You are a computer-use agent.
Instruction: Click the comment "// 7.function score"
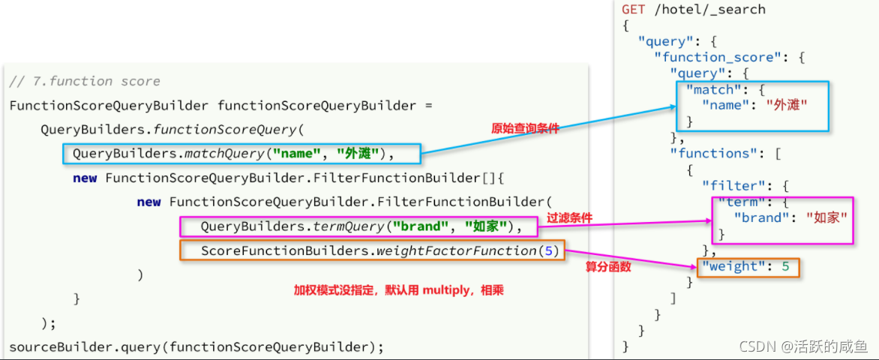85,81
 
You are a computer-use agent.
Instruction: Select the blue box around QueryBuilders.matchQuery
241,154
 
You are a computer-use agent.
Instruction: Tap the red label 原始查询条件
525,128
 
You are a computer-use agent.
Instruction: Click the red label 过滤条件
569,218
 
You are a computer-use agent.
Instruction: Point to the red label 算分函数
608,266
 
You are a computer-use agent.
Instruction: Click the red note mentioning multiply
398,289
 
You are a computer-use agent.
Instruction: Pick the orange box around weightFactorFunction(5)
371,251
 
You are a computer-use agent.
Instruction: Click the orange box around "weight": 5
748,267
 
